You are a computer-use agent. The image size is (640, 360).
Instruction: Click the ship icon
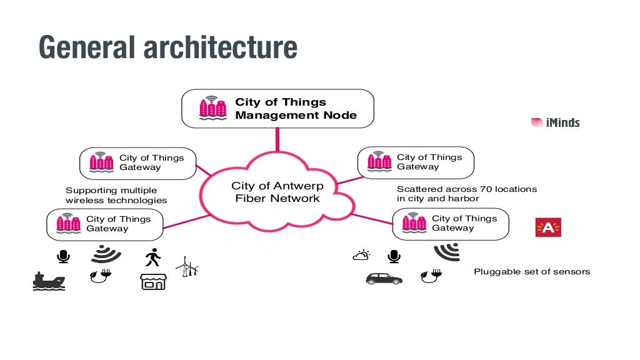click(x=49, y=281)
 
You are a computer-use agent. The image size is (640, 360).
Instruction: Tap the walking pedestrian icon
click(x=152, y=257)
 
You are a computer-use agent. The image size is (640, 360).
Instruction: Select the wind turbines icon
click(x=187, y=267)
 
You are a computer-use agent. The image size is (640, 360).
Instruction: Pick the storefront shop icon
click(x=153, y=281)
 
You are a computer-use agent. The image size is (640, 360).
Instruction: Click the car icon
click(x=384, y=278)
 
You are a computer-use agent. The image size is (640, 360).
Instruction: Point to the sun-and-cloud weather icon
click(x=361, y=255)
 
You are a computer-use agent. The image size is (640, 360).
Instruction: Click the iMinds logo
click(x=555, y=122)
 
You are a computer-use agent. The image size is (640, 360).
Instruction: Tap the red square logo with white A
click(x=548, y=228)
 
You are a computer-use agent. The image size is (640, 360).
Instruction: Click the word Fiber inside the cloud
click(x=252, y=199)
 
